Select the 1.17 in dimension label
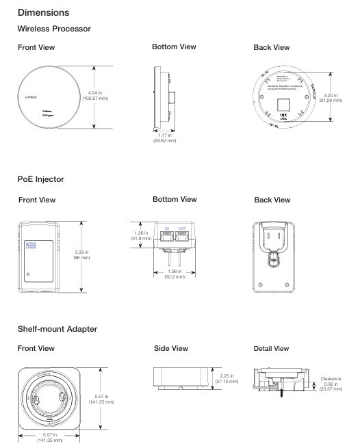point(164,136)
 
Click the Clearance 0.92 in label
point(340,380)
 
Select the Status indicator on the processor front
point(48,109)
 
